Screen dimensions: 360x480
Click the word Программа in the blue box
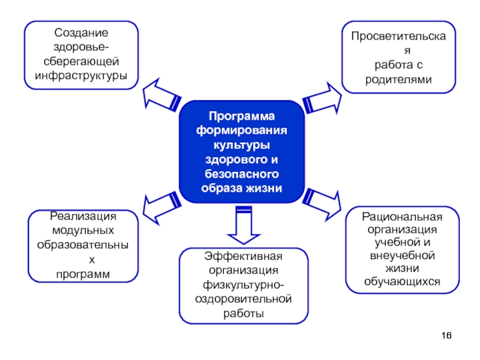[241, 116]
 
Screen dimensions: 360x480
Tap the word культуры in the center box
[241, 145]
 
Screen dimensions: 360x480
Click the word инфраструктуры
[82, 76]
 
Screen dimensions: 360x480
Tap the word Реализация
[83, 216]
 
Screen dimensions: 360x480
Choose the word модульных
[83, 230]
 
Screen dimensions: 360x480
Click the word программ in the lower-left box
[83, 274]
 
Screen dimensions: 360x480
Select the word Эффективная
[243, 257]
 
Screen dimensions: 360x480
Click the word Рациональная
[402, 217]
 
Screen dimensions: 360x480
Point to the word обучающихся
[402, 280]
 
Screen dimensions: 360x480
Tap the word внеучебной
[402, 255]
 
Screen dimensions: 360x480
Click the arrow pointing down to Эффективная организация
[242, 225]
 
